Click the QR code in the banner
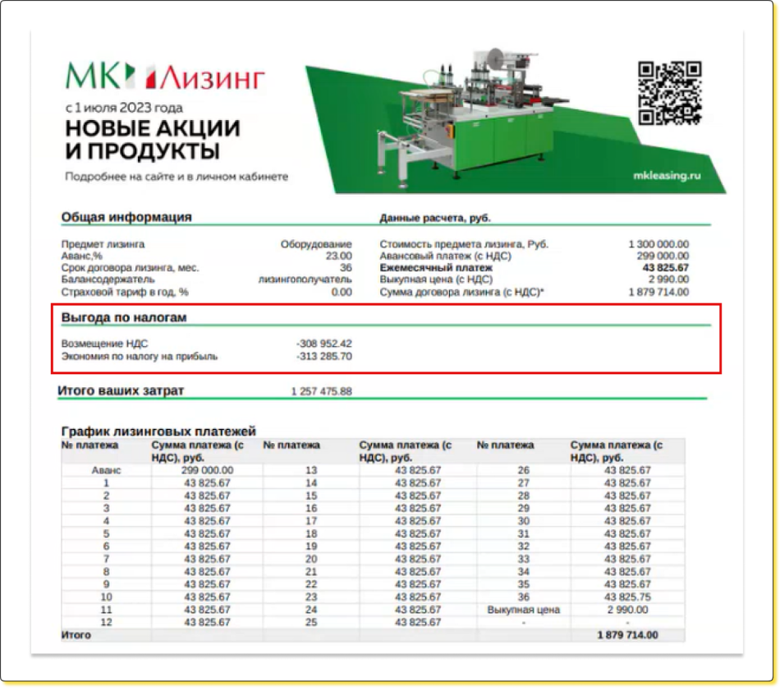coord(669,93)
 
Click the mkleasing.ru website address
coord(668,175)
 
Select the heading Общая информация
coord(126,217)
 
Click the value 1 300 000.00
coord(658,244)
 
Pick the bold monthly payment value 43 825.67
coord(665,268)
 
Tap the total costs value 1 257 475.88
coord(321,391)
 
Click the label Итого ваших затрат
coord(121,390)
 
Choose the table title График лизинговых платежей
coord(159,431)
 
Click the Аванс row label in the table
coord(106,470)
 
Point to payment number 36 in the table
coord(523,597)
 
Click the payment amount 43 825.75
coord(627,597)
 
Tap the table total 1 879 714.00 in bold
coord(627,635)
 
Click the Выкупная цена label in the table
coord(523,610)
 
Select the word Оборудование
coord(316,244)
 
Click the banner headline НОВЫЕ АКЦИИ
coord(153,129)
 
